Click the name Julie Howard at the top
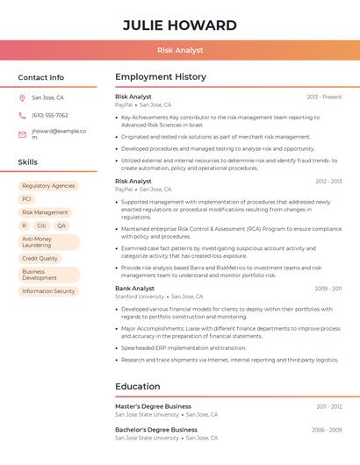[180, 25]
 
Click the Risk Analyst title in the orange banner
[180, 51]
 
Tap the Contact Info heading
[41, 77]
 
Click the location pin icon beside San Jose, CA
[22, 97]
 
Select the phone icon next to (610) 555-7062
[22, 115]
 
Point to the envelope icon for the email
[22, 134]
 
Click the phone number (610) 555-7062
[50, 115]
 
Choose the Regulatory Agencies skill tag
[48, 186]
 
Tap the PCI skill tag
[26, 199]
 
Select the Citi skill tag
[41, 225]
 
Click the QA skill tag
[61, 225]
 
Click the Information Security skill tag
[48, 291]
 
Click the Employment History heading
[161, 77]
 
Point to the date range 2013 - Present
[324, 97]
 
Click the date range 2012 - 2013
[328, 182]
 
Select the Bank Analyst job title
[134, 288]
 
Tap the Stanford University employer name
[140, 297]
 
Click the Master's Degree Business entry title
[153, 406]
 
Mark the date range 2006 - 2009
[327, 430]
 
